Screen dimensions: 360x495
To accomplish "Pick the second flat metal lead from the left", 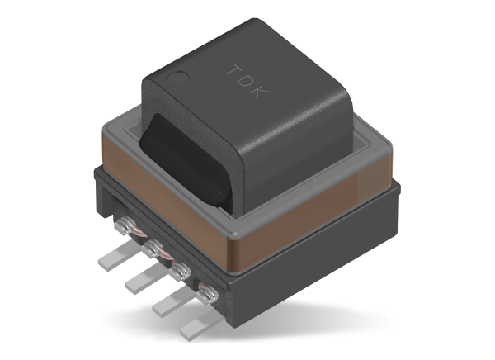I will [x=141, y=282].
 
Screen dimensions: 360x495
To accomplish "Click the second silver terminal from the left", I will [x=150, y=247].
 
